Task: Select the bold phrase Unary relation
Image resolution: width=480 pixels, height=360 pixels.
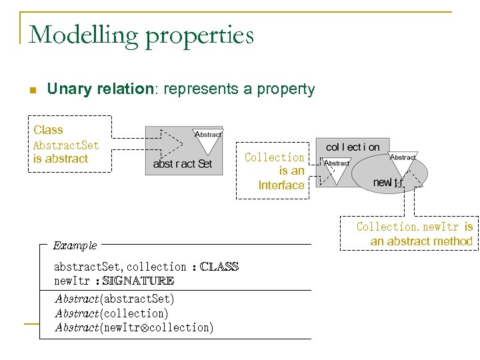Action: click(x=100, y=89)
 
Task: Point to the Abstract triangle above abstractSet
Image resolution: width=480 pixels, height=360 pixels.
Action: click(x=207, y=139)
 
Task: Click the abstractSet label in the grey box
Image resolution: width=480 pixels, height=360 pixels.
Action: click(x=182, y=163)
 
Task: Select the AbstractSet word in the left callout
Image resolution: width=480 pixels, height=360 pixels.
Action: click(x=66, y=145)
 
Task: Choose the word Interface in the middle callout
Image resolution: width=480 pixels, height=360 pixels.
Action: click(x=281, y=185)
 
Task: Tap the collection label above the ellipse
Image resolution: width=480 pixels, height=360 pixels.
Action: click(x=353, y=147)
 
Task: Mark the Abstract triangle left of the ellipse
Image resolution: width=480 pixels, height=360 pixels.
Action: click(x=336, y=168)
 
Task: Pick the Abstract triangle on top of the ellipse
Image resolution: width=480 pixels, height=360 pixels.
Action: click(x=403, y=161)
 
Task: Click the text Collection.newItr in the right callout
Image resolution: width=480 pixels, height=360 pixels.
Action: click(x=407, y=227)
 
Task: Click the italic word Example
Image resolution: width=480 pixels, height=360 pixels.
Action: click(x=75, y=245)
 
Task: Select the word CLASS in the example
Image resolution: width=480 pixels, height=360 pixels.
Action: click(x=219, y=267)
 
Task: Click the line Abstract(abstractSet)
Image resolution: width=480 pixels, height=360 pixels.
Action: click(x=114, y=299)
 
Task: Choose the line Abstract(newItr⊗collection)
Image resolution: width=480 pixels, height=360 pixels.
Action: click(x=134, y=327)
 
